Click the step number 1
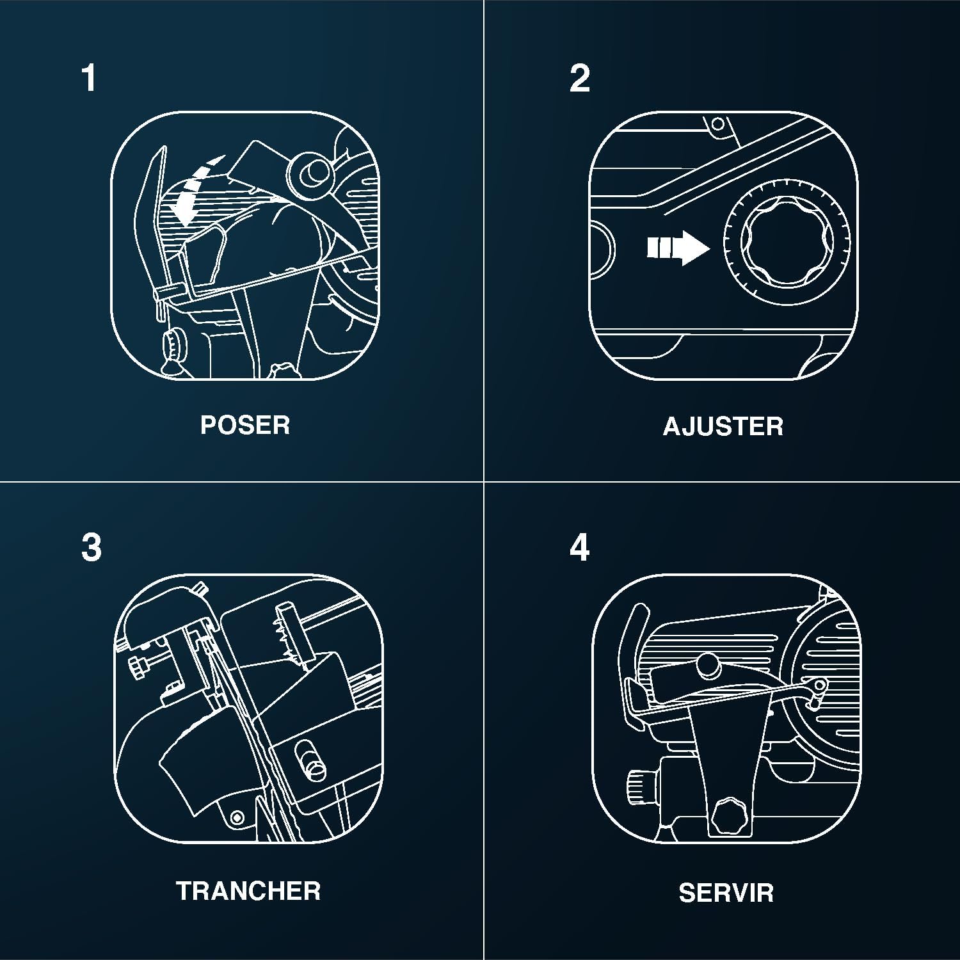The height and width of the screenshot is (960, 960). (x=89, y=78)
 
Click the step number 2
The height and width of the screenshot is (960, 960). (x=580, y=78)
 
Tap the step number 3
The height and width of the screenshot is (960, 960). (x=92, y=548)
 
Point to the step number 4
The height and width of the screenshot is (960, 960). (x=580, y=548)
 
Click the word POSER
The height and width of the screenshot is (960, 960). (x=245, y=425)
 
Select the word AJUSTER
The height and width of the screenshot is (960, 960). (x=723, y=426)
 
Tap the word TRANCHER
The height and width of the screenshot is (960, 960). (x=248, y=891)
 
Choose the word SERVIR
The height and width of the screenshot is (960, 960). (x=726, y=893)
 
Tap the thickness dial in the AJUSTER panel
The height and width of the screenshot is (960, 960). (x=787, y=246)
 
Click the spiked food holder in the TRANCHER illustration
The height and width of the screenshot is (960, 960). (x=293, y=634)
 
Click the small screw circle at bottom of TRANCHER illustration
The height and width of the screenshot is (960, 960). (x=237, y=817)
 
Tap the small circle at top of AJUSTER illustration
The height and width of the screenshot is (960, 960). (x=717, y=124)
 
